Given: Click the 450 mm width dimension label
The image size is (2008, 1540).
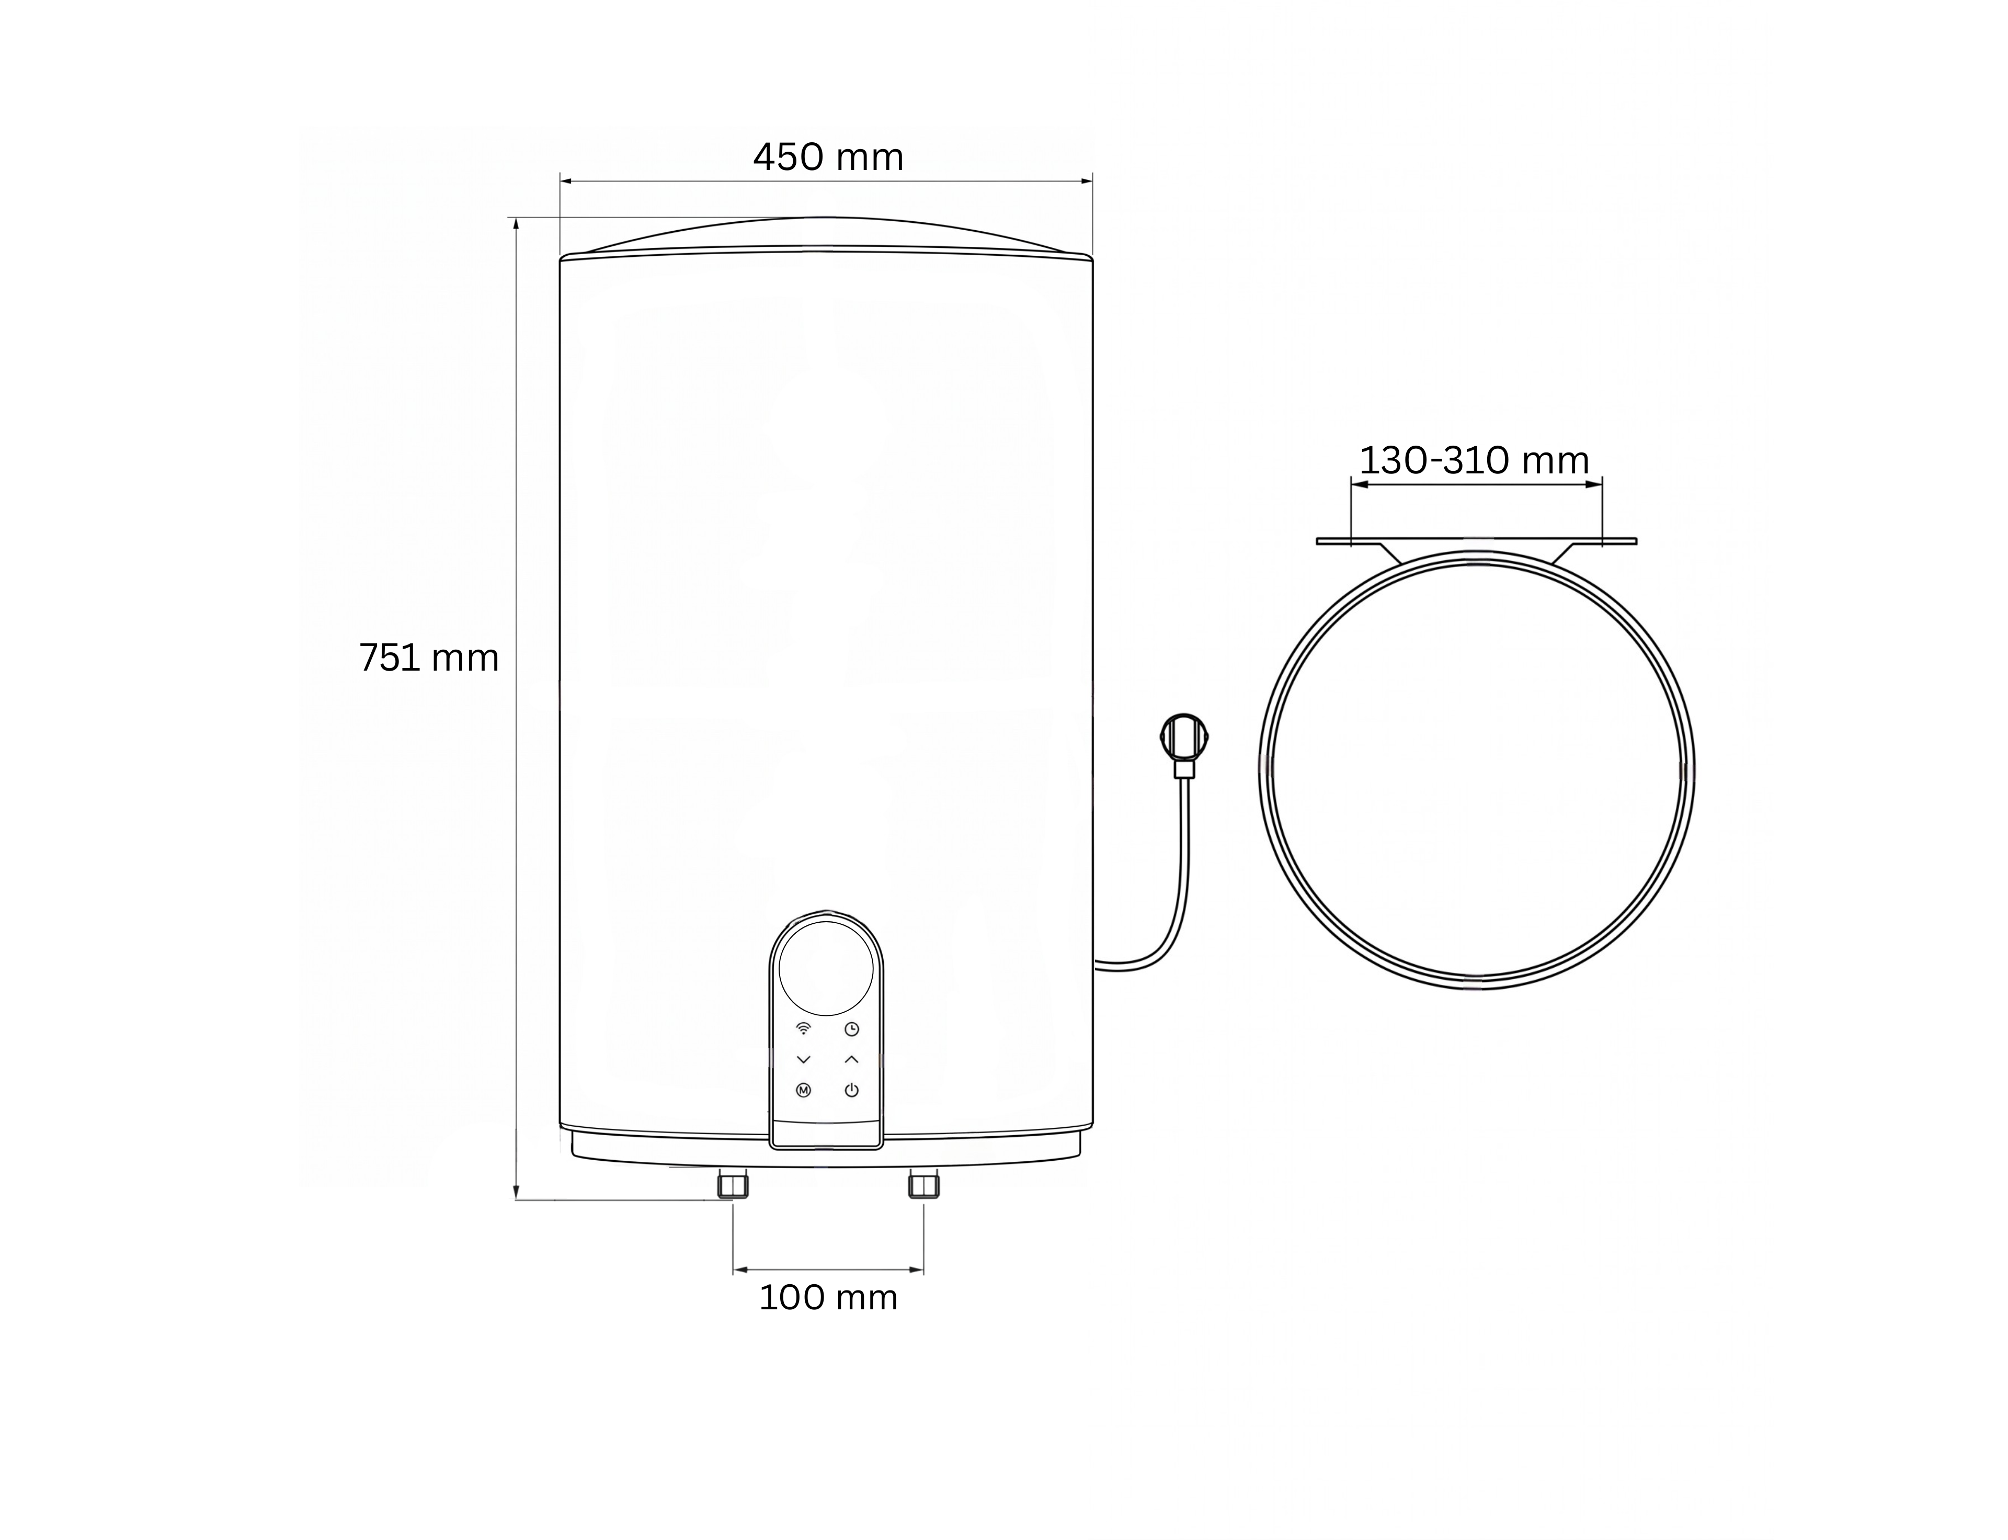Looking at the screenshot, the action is point(828,157).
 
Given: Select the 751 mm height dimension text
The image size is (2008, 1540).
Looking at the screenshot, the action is point(429,658).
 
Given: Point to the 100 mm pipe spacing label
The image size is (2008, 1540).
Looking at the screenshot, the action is point(828,1298).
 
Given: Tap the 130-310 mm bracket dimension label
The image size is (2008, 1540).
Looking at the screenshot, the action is point(1474,460).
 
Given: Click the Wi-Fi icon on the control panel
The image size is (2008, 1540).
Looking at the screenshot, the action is point(804,1028).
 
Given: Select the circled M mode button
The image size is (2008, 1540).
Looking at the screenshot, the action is point(804,1091).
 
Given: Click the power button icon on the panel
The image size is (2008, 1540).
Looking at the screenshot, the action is point(851,1091).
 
